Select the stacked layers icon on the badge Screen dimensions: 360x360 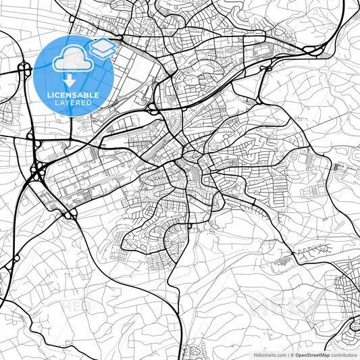point(102,48)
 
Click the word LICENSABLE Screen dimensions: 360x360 point(73,95)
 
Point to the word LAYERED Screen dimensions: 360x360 point(73,103)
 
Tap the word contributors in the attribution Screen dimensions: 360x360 point(345,354)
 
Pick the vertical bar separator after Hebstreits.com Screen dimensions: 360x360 point(287,354)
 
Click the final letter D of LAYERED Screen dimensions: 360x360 point(91,103)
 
